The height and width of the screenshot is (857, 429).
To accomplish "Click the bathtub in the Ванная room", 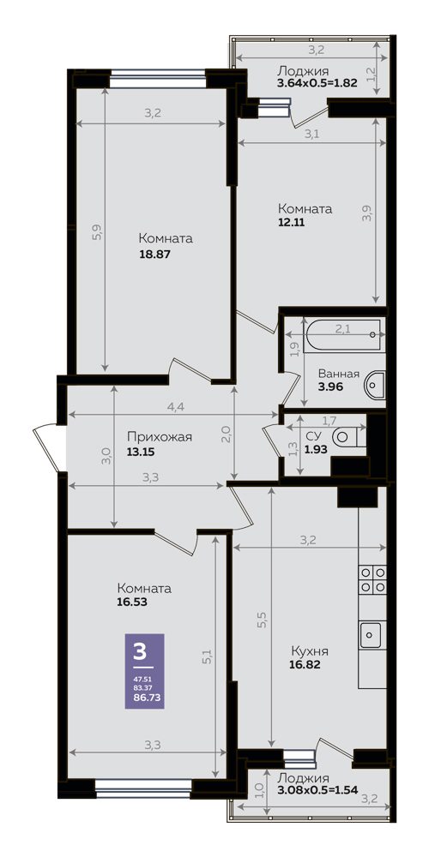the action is [343, 335].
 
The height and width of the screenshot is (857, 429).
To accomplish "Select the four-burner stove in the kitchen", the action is [372, 580].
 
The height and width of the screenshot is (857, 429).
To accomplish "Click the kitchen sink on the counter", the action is [372, 634].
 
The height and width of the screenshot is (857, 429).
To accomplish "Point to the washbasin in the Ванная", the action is [376, 385].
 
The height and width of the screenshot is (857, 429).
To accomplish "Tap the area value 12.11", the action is [291, 223].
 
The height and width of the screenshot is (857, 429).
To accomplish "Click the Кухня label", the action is [310, 652].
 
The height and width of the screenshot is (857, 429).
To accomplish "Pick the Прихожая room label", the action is [160, 437].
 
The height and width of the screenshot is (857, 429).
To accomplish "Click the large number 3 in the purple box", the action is [140, 652].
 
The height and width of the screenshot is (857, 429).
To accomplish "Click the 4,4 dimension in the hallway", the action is [176, 407].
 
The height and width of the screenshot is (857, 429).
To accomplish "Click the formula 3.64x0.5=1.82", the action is [317, 84].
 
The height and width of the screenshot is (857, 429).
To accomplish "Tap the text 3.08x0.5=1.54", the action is [317, 790].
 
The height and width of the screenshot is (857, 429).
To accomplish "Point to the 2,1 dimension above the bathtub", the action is [342, 328].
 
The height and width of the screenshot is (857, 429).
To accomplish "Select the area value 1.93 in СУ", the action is [315, 448].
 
